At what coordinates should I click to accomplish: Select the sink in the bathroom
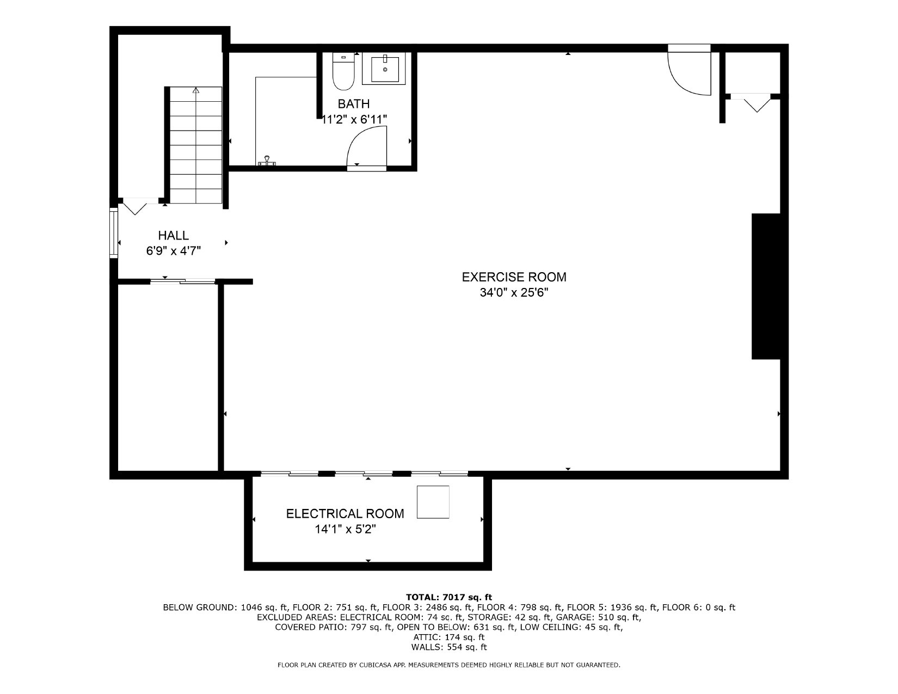coord(384,69)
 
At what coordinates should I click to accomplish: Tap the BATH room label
coord(353,104)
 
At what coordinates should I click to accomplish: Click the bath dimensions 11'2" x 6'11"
coord(354,119)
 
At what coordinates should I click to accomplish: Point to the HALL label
coord(173,236)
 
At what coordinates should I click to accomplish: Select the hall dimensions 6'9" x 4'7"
coord(173,251)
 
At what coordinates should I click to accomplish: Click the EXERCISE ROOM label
coord(514,277)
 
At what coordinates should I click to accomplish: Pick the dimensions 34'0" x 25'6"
coord(514,293)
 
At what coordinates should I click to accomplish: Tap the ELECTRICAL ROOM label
coord(345,514)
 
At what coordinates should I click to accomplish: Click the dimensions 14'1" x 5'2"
coord(345,529)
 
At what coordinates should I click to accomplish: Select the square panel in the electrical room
coord(433,502)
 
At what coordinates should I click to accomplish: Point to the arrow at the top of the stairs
coord(196,90)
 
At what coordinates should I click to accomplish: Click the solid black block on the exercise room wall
coord(766,286)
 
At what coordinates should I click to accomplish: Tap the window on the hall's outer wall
coord(114,233)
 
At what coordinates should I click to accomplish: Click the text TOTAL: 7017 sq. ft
coord(449,597)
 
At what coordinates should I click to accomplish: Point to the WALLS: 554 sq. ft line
coord(449,647)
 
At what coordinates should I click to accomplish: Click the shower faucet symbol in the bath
coord(267,161)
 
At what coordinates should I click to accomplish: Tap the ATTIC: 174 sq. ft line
coord(449,637)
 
